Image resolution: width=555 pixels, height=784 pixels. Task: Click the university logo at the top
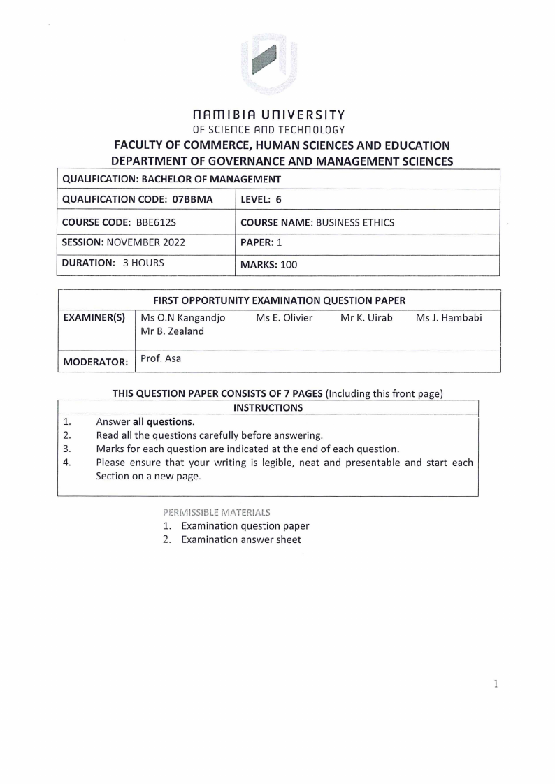(x=268, y=64)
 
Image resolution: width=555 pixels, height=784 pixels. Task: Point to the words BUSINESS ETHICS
(x=355, y=223)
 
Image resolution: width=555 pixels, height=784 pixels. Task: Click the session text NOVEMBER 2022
(x=145, y=245)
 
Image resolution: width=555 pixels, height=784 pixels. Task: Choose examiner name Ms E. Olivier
(x=284, y=318)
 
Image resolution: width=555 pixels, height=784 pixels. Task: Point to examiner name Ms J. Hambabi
(x=449, y=318)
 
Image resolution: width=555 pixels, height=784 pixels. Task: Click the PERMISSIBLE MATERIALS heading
(x=216, y=512)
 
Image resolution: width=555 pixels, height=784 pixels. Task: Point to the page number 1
(x=496, y=684)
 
